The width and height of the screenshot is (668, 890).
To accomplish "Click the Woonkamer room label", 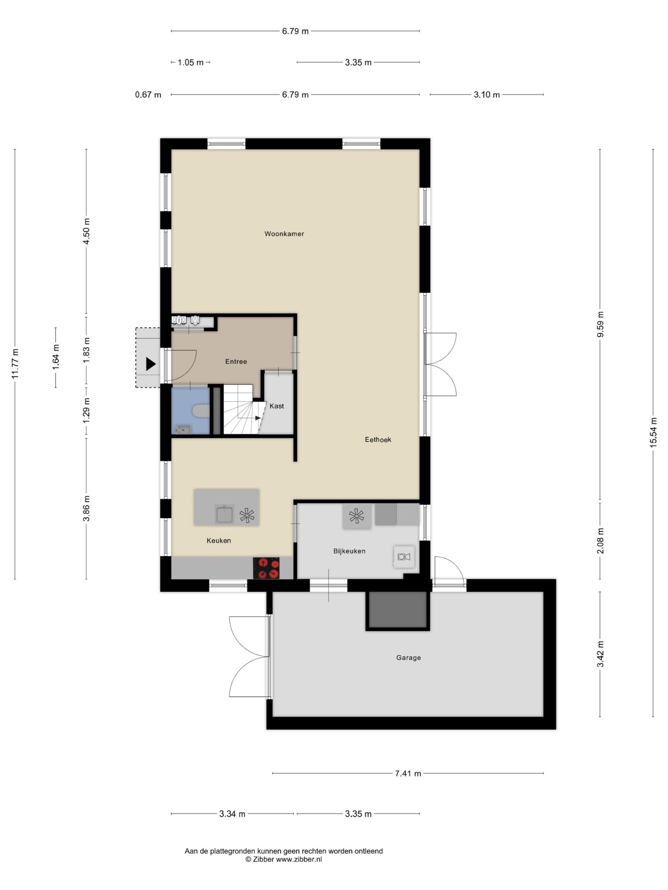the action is pyautogui.click(x=284, y=234).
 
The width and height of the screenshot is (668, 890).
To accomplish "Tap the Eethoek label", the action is pyautogui.click(x=378, y=440).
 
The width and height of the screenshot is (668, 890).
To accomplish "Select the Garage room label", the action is pyautogui.click(x=408, y=658).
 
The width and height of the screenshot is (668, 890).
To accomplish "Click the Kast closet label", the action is pyautogui.click(x=277, y=406).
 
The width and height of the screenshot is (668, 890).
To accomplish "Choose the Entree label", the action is pyautogui.click(x=236, y=361).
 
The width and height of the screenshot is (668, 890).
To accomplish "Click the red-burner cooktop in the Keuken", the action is pyautogui.click(x=266, y=568).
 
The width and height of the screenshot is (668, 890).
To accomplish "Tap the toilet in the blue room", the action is pyautogui.click(x=200, y=411).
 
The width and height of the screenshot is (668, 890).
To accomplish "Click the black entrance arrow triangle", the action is pyautogui.click(x=151, y=364).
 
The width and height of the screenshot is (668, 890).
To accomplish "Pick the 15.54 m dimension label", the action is pyautogui.click(x=653, y=432).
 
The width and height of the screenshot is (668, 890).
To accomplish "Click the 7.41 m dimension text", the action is pyautogui.click(x=408, y=773).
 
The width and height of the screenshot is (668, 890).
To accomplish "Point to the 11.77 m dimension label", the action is pyautogui.click(x=15, y=364).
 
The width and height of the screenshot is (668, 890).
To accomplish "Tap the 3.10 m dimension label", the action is pyautogui.click(x=486, y=95).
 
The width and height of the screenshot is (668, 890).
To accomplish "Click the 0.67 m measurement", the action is pyautogui.click(x=148, y=95).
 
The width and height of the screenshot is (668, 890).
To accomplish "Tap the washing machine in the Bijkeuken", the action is pyautogui.click(x=404, y=557).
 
